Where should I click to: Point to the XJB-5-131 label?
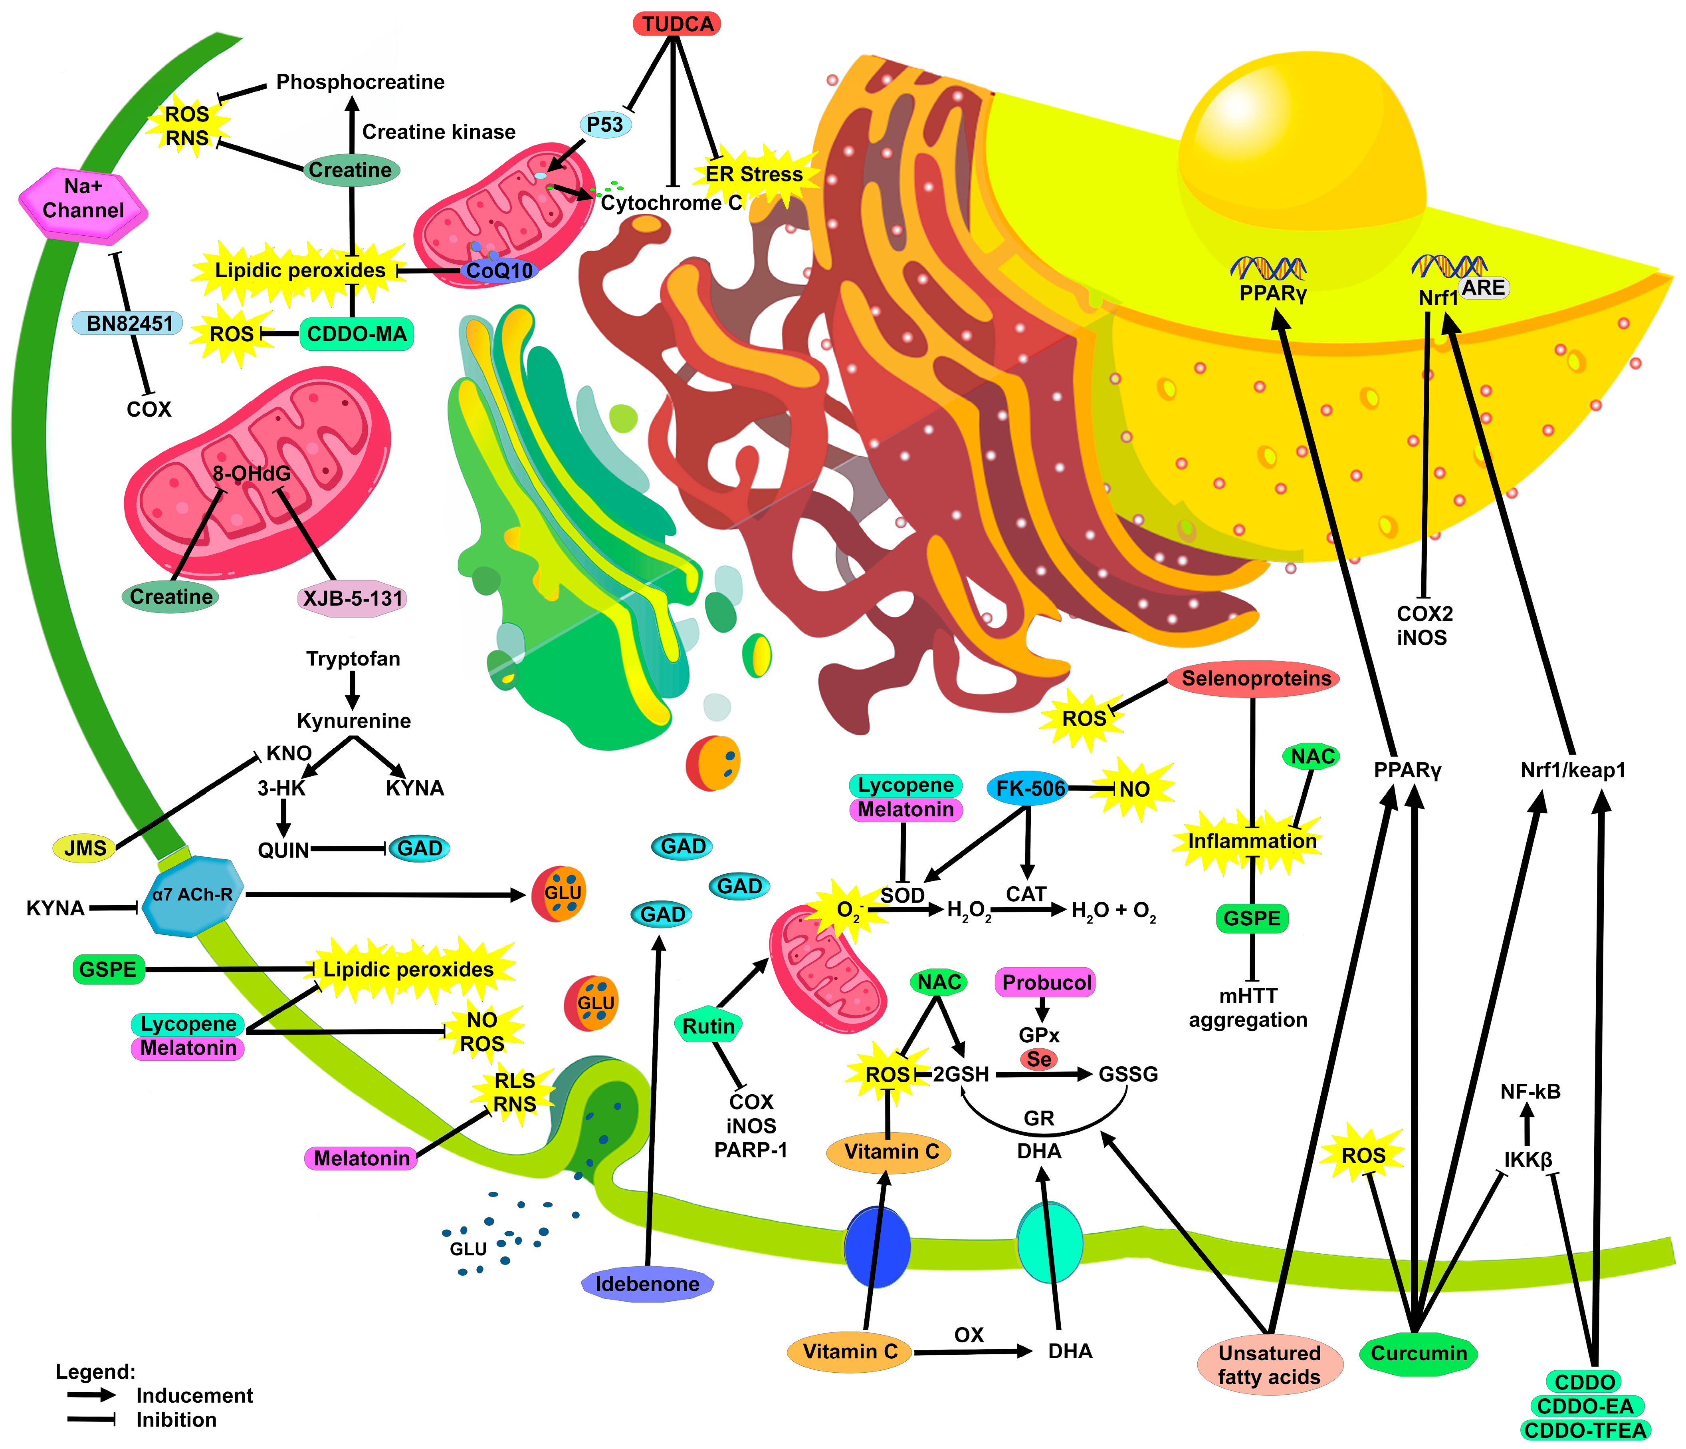353,599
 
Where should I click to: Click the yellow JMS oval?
85,848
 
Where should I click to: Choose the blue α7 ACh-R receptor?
192,894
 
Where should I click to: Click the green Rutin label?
708,1026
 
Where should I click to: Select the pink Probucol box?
1046,982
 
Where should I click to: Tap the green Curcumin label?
1418,1354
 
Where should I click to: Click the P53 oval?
604,125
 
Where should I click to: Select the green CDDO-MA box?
357,334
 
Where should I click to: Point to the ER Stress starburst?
753,174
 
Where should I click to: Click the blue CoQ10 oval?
499,270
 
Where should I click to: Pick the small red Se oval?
1038,1059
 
